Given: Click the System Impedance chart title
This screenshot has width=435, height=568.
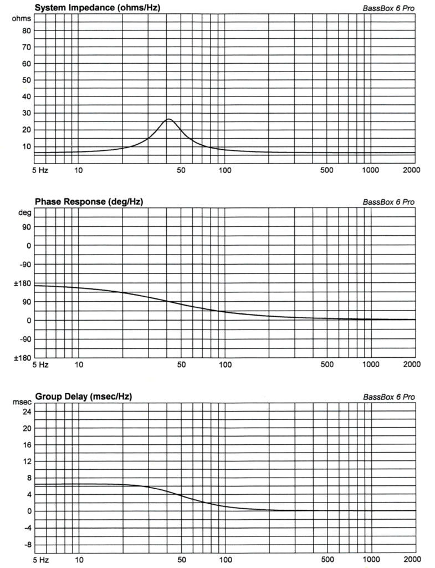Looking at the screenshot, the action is coord(98,8).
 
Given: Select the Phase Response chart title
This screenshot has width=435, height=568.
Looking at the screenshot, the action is coord(89,201).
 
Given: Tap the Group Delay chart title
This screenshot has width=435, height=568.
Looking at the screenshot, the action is coord(84,397).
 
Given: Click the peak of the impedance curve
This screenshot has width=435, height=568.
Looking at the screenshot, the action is coord(168,119).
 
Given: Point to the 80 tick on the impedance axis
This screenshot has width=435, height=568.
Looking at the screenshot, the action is coord(27,31).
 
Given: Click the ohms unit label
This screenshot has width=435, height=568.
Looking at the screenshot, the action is coord(22,18).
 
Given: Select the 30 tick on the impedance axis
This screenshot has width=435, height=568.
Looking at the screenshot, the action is coord(27,113).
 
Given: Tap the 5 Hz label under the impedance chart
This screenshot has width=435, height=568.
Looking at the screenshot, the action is coord(40,170).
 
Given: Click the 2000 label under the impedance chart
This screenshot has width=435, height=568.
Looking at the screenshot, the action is coord(412,170).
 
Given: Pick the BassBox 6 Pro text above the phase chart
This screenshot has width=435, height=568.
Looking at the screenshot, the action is coord(388,202).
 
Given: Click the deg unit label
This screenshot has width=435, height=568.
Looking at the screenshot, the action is coord(24,212).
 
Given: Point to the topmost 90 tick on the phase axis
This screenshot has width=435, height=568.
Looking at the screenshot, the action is coord(27,227).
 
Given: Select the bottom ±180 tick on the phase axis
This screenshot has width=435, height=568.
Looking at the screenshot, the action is coord(22,358).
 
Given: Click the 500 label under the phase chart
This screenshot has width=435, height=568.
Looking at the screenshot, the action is coord(327,364).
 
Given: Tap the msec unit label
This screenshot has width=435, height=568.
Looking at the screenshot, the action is coord(22,402).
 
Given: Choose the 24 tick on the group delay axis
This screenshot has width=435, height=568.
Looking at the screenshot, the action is coord(27,412).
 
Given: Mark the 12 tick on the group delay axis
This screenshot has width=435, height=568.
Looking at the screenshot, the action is coord(27,461).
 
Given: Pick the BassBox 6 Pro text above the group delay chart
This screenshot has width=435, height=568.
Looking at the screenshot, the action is coord(389,397).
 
